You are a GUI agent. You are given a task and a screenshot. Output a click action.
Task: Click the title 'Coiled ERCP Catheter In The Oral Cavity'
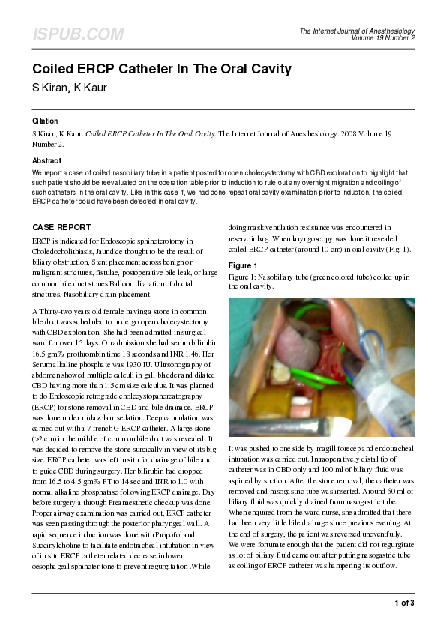click(x=161, y=69)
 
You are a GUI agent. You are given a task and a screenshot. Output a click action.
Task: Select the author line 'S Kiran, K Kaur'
click(x=70, y=87)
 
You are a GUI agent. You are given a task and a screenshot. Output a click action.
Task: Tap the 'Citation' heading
click(x=45, y=121)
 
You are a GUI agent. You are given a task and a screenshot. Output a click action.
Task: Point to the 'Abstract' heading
click(x=47, y=161)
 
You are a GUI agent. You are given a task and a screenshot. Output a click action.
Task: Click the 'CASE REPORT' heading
click(x=62, y=227)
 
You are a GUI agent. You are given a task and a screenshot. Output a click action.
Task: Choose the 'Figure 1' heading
click(x=243, y=266)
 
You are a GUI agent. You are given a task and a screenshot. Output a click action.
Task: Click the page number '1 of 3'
click(x=403, y=603)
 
